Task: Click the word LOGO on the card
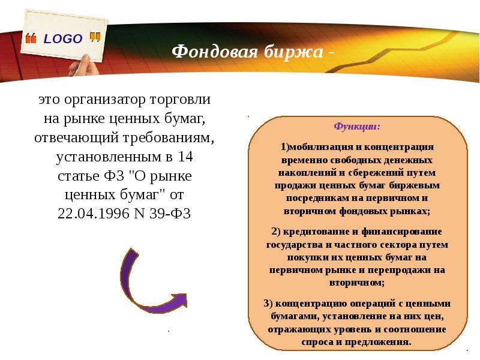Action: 63,39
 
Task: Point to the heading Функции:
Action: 357,127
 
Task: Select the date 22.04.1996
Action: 94,214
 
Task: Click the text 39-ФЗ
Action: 170,214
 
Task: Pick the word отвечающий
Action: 76,138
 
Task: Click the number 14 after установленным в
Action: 185,157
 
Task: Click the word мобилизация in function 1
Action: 321,147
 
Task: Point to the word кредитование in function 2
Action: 317,232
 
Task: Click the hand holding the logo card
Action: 83,66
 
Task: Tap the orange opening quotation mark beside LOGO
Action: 31,38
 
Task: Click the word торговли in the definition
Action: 181,100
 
